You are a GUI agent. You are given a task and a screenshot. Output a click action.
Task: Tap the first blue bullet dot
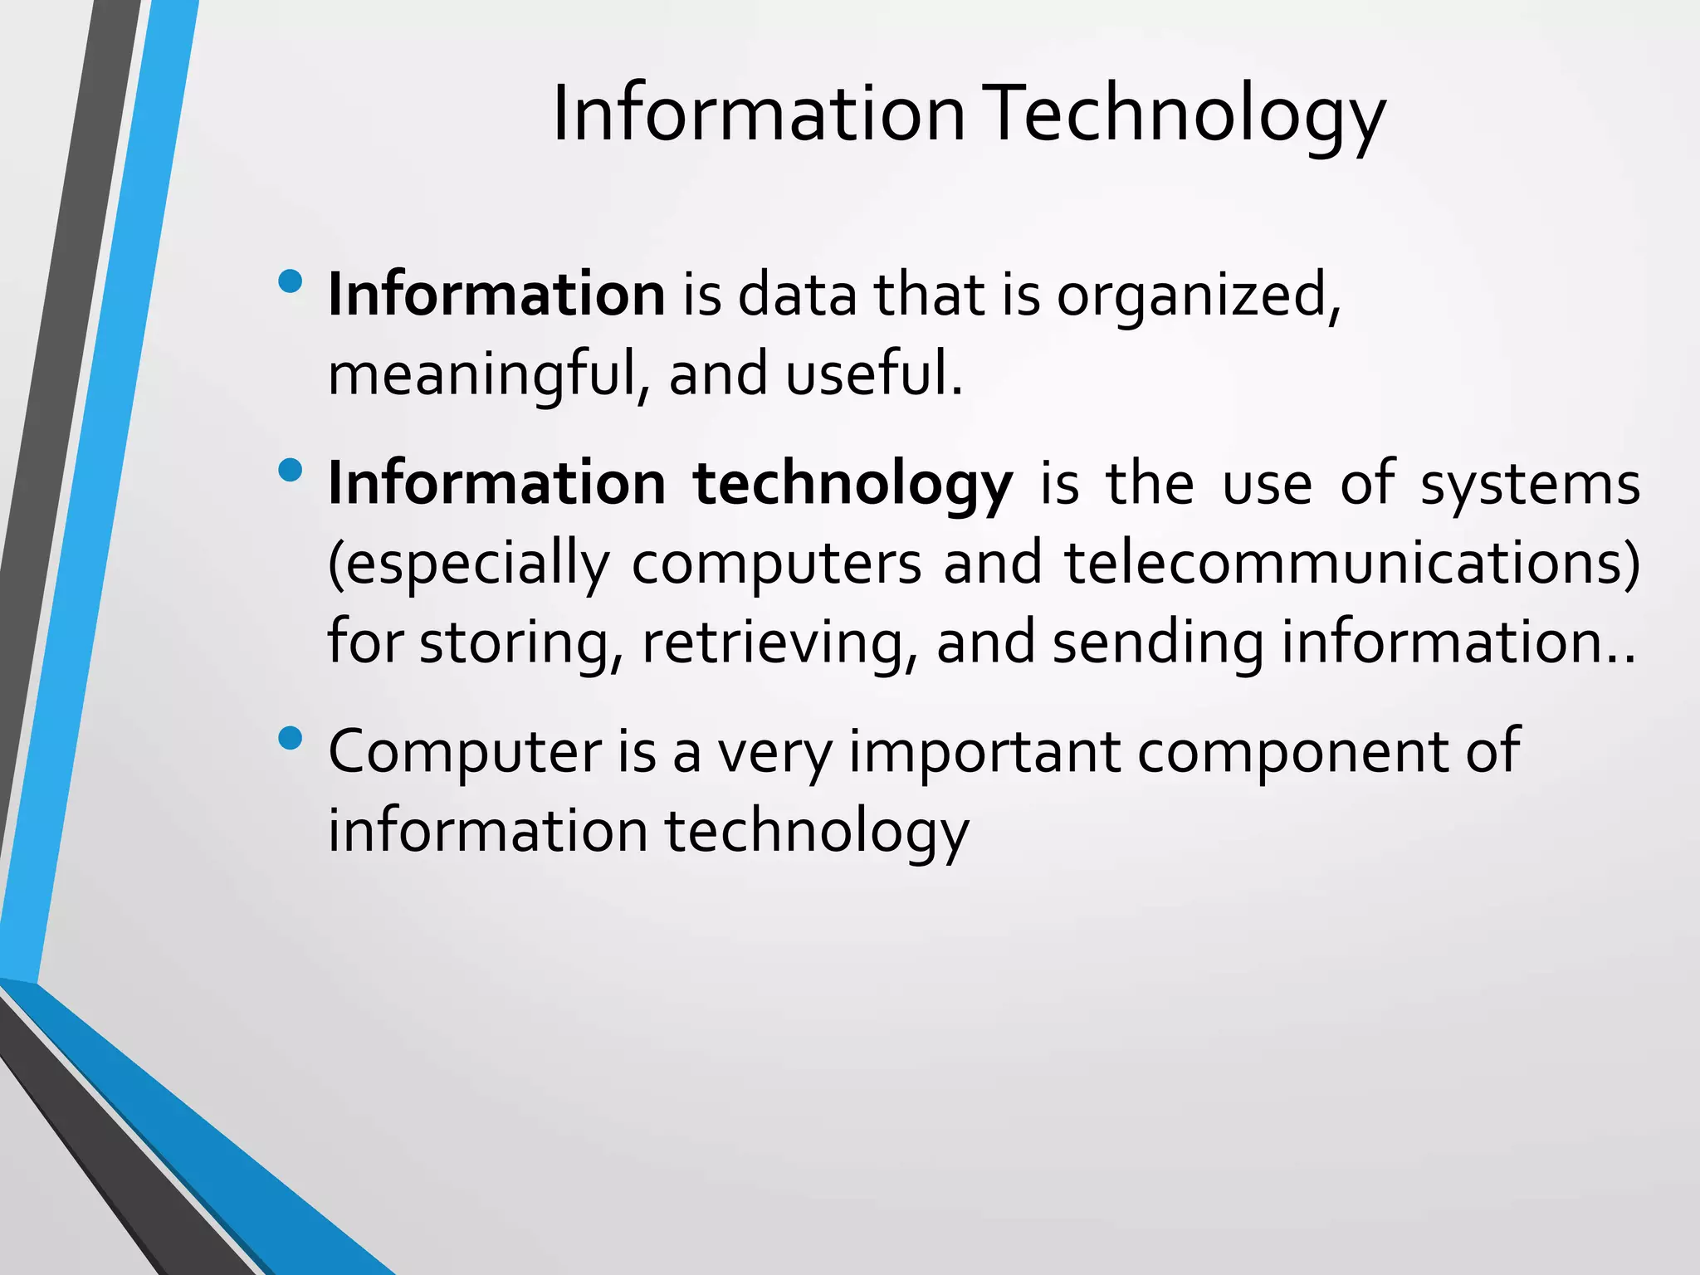click(x=291, y=282)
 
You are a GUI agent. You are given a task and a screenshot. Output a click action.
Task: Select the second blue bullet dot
click(x=291, y=471)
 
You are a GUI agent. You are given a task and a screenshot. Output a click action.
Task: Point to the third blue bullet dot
click(x=291, y=738)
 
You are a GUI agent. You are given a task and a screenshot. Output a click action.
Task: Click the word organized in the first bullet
click(x=1198, y=296)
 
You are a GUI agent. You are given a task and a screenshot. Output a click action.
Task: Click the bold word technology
click(x=852, y=485)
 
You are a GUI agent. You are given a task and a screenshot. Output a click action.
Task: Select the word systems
click(x=1530, y=485)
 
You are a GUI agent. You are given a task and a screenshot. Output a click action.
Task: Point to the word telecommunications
click(x=1352, y=563)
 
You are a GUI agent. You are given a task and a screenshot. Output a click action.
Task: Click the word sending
click(x=1158, y=643)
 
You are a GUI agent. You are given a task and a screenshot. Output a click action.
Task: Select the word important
click(x=984, y=752)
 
